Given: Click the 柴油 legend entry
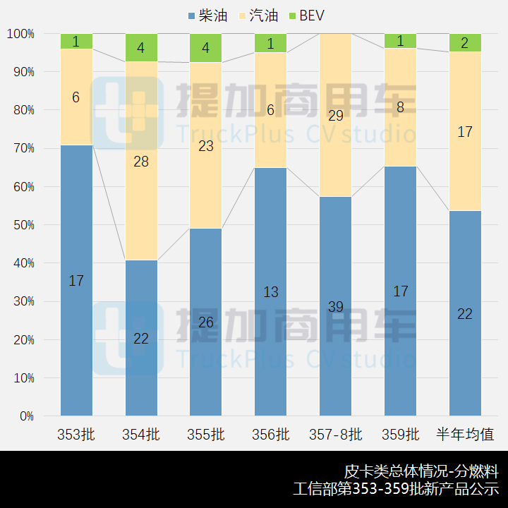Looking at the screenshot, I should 208,16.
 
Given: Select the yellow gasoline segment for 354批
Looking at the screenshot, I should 141,161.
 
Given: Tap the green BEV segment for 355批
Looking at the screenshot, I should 206,48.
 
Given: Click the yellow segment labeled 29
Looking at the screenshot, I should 336,115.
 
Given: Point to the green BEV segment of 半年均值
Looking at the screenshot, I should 465,43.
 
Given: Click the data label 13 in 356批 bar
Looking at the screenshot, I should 271,291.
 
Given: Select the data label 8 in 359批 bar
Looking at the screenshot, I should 400,107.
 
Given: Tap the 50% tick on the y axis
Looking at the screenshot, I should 20,225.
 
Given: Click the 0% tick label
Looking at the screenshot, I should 25,416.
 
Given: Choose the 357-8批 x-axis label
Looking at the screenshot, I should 336,435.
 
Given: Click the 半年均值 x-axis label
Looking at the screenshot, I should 465,435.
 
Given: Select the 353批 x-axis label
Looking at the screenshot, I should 76,435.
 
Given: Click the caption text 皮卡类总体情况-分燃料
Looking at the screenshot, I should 421,471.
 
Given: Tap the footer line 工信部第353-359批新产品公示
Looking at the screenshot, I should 396,489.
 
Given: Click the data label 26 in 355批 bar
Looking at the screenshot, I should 206,322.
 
